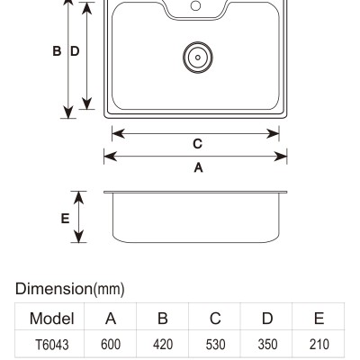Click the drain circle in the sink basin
click(x=198, y=58)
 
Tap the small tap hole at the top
click(x=195, y=5)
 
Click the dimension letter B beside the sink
click(x=57, y=51)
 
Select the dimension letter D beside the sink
click(x=75, y=51)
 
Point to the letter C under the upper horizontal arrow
click(x=197, y=144)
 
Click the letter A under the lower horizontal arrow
click(x=198, y=167)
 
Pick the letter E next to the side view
click(x=65, y=219)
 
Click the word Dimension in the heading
click(x=54, y=289)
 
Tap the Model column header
click(x=52, y=319)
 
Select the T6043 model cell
click(x=52, y=345)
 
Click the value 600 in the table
click(x=111, y=345)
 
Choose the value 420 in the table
click(x=163, y=345)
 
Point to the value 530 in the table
click(x=215, y=345)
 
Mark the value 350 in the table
click(x=267, y=345)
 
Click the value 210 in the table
click(x=319, y=345)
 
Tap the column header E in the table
click(x=319, y=319)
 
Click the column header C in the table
click(x=215, y=319)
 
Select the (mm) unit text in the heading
click(x=109, y=289)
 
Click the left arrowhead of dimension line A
click(x=110, y=157)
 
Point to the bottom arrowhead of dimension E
click(x=78, y=237)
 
